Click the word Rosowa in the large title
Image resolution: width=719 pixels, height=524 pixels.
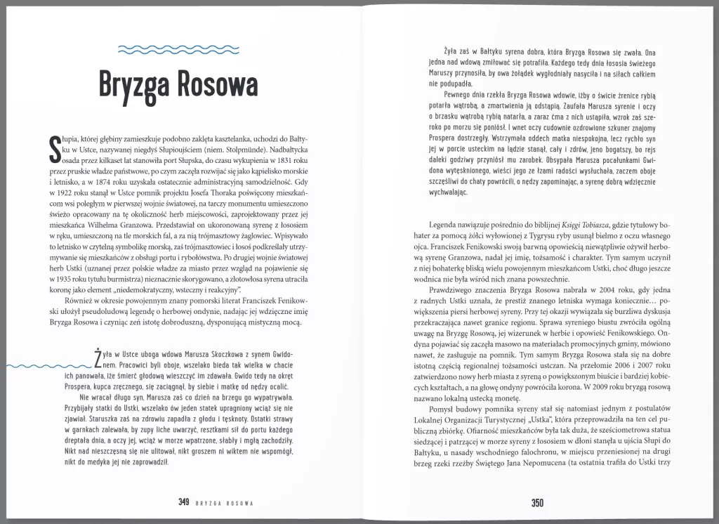216,85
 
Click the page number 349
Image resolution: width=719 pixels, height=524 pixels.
184,503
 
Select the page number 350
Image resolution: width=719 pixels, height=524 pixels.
538,503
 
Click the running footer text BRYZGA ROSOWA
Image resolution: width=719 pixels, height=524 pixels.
223,504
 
